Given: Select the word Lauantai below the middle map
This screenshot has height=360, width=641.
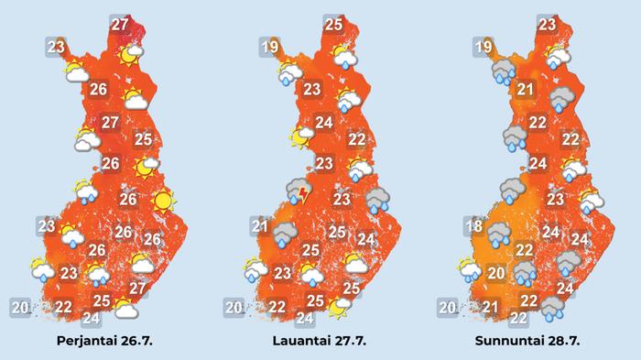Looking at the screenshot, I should click(x=302, y=341).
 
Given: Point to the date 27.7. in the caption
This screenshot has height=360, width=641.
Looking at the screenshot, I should click(x=352, y=341).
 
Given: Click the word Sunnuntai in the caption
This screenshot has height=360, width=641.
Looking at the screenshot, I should click(x=511, y=341).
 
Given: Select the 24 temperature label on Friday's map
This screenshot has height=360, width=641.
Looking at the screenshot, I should click(x=91, y=318).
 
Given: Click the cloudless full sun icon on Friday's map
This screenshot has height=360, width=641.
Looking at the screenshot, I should click(x=163, y=199).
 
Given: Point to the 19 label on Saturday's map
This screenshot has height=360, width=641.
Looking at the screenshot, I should click(x=268, y=49).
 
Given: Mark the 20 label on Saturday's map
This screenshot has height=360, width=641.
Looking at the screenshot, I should click(x=234, y=307).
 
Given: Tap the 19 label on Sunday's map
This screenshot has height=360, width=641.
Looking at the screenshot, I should click(x=484, y=48).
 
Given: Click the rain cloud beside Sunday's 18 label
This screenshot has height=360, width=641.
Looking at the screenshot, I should click(x=500, y=235).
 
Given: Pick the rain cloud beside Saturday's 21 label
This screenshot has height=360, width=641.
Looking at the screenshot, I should click(x=286, y=235).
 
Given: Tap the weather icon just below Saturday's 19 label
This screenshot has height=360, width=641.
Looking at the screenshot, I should click(x=290, y=72).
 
